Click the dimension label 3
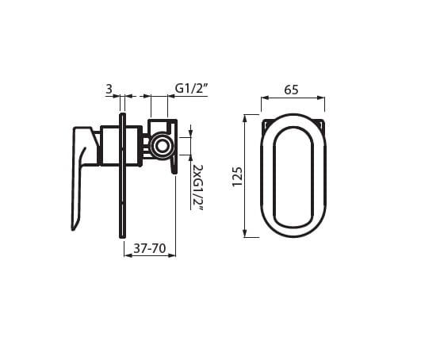point(109,89)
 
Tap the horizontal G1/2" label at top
point(192,88)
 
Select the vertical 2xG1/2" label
point(198,187)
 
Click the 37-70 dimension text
point(150,248)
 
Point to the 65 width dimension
point(291,90)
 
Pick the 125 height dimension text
point(237,176)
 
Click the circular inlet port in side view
point(162,147)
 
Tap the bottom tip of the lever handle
point(73,229)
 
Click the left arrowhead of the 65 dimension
point(265,98)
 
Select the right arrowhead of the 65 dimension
point(321,98)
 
